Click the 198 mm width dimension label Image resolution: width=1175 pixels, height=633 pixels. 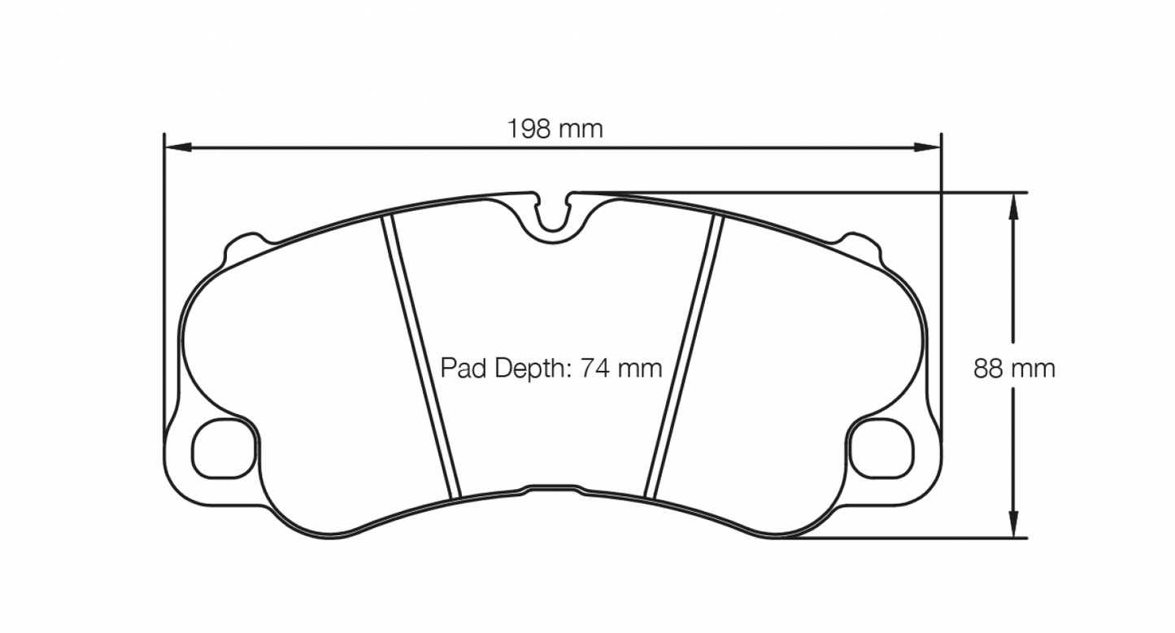555,128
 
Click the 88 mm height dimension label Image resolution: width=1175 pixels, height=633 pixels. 1014,369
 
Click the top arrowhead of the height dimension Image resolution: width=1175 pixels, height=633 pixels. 1012,205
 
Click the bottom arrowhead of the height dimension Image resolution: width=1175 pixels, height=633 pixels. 1012,525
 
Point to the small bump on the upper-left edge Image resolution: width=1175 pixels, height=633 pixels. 246,242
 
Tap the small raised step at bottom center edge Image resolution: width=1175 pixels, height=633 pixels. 553,488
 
